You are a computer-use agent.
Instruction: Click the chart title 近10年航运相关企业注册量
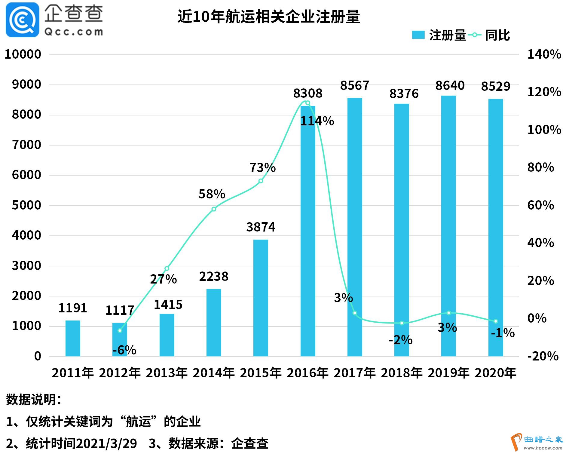coord(268,17)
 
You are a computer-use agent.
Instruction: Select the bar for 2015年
coord(261,298)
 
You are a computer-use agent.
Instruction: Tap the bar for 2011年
coord(73,338)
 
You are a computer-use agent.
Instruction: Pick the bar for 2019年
coord(448,225)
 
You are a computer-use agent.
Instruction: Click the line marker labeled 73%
coord(261,181)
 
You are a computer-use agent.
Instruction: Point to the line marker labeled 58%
coord(214,209)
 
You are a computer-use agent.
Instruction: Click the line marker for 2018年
coord(402,323)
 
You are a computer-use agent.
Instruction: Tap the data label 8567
coord(355,86)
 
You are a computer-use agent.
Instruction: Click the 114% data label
coord(317,121)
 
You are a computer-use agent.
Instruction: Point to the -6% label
coord(124,350)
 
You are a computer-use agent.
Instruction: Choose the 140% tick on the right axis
coord(544,54)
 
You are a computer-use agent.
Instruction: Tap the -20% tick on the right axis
coord(543,356)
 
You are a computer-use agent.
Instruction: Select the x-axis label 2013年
coord(167,373)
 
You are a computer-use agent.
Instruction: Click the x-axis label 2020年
coord(495,373)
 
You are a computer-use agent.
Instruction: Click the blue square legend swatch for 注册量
coord(418,35)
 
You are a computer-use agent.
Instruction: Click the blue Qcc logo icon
coord(23,20)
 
